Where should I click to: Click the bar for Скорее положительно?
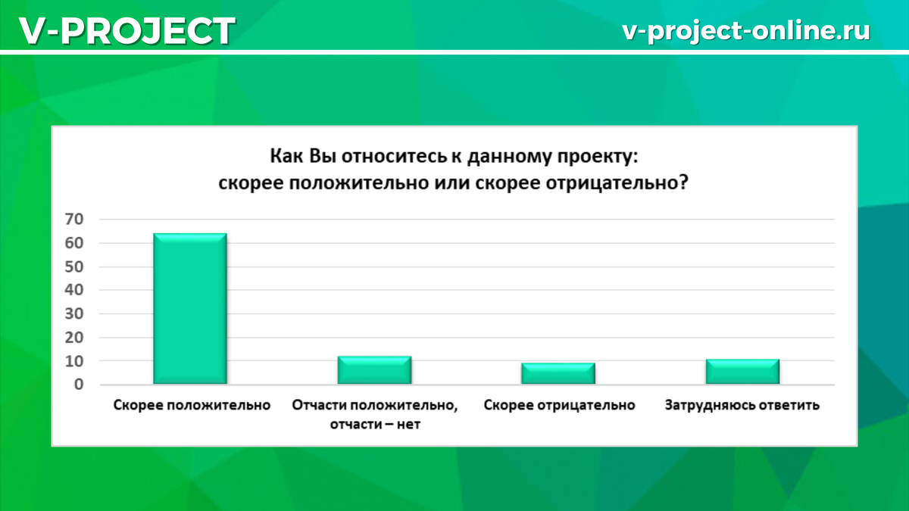coord(189,309)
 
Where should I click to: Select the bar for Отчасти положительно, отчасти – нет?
coord(374,370)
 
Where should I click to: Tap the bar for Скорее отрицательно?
coord(558,374)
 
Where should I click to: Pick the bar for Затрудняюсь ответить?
coord(742,372)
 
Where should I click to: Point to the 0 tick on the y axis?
coord(87,385)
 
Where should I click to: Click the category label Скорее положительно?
coord(192,406)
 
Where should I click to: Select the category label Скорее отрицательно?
coord(559,406)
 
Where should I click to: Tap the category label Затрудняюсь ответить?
coord(742,406)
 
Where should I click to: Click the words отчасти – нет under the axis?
coord(374,425)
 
